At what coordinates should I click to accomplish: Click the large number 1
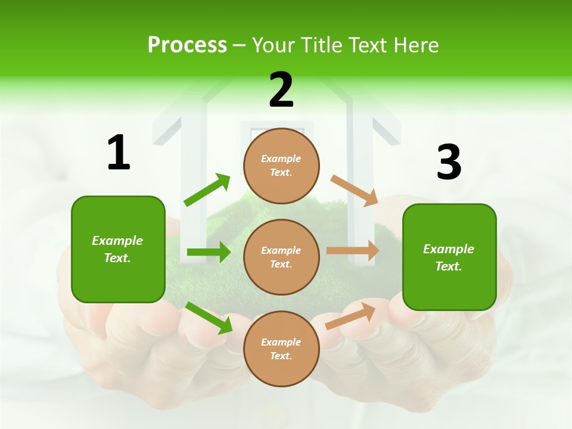pyautogui.click(x=119, y=153)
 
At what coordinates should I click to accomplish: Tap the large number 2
pyautogui.click(x=281, y=90)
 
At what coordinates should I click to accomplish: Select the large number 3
pyautogui.click(x=449, y=163)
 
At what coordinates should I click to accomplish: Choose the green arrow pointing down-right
pyautogui.click(x=209, y=317)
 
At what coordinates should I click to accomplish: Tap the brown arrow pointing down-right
pyautogui.click(x=355, y=191)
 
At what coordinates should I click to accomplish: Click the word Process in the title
pyautogui.click(x=187, y=45)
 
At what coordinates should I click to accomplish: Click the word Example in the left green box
pyautogui.click(x=117, y=240)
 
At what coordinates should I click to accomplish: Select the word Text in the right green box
pyautogui.click(x=448, y=266)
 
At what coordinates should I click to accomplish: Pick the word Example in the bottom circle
pyautogui.click(x=281, y=342)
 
